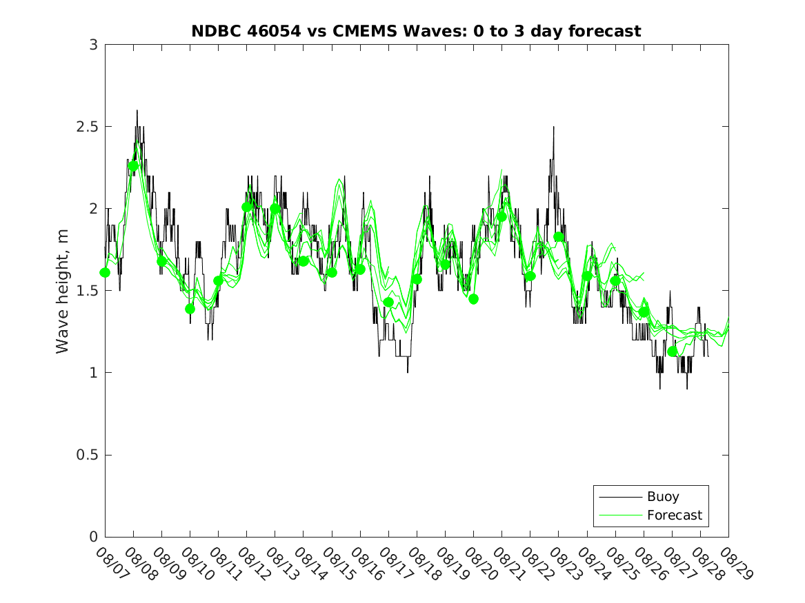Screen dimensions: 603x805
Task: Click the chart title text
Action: coord(416,31)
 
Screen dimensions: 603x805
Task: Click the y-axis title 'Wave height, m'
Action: coord(63,291)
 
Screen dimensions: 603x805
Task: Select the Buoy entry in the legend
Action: coord(662,496)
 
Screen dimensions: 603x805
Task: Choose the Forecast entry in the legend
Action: coord(674,515)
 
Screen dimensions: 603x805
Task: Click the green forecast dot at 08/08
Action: coord(133,165)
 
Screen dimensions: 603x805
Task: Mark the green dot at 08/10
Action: coord(190,309)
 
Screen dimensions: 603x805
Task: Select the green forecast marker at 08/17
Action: coord(388,302)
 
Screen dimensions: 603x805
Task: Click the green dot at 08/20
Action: coord(473,299)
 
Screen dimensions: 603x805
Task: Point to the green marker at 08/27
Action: coord(672,351)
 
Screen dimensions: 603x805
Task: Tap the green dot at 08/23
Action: coord(558,237)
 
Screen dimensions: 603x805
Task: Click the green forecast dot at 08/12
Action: coord(246,207)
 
